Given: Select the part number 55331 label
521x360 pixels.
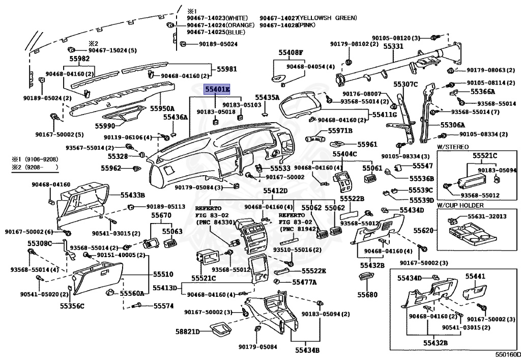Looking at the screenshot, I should pyautogui.click(x=393, y=46).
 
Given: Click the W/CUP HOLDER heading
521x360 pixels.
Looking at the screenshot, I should pyautogui.click(x=460, y=205).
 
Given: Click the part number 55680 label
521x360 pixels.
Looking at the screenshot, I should pyautogui.click(x=367, y=295).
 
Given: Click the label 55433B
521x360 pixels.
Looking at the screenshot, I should pyautogui.click(x=132, y=195).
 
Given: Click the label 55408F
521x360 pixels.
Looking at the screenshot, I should pyautogui.click(x=291, y=52).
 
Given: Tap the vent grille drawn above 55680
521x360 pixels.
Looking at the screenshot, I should pyautogui.click(x=365, y=278).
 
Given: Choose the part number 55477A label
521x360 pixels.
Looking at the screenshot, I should pyautogui.click(x=305, y=282).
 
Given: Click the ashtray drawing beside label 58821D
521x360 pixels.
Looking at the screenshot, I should pyautogui.click(x=220, y=330).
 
